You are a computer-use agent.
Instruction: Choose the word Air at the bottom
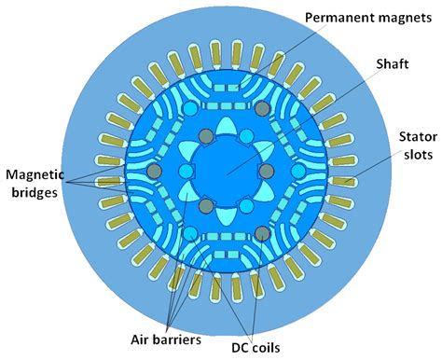142,339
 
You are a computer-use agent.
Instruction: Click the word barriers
180,339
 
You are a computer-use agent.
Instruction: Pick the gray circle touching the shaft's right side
265,172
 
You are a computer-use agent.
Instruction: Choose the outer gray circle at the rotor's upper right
261,110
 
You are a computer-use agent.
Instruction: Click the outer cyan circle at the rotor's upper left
189,110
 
